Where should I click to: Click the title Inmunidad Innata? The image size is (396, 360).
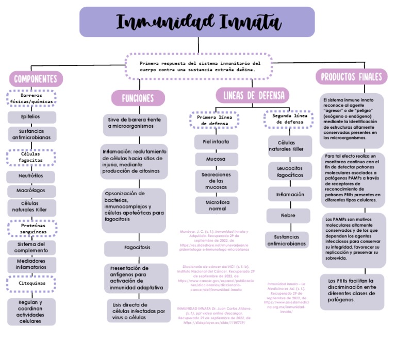[197, 22]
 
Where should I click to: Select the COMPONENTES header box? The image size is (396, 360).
[36, 79]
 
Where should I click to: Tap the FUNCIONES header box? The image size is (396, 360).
[138, 98]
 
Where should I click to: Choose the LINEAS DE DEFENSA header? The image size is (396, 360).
[253, 95]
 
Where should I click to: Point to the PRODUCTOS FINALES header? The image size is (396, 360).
[352, 77]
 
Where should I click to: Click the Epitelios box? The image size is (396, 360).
[31, 117]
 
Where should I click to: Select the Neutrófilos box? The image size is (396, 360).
[31, 176]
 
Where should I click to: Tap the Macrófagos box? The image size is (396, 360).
[31, 191]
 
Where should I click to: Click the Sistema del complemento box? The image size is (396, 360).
[31, 247]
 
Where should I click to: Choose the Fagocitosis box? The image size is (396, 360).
[137, 248]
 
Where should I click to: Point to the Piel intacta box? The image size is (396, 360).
[216, 141]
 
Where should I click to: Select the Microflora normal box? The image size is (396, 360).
[217, 205]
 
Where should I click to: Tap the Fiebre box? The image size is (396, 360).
[288, 215]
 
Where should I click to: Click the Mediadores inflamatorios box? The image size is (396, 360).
[31, 264]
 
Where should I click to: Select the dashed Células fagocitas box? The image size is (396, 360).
[32, 157]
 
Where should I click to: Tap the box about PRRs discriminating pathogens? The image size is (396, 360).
[352, 290]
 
